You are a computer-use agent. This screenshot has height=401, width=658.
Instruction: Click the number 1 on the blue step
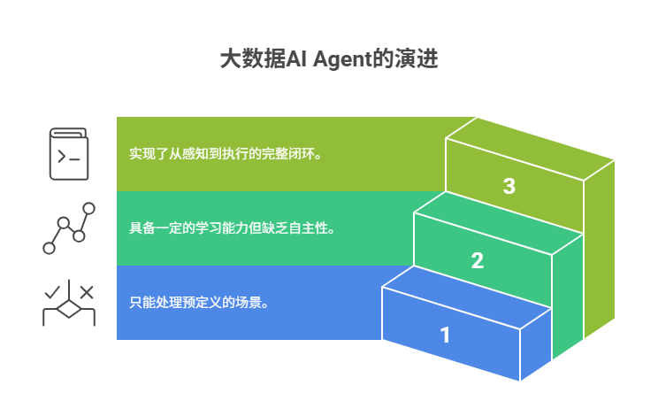pos(445,335)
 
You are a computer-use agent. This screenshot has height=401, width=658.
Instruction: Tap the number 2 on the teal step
pos(478,261)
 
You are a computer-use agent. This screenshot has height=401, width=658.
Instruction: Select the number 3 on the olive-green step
pos(509,187)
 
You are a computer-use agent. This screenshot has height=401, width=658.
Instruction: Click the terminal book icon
pos(68,154)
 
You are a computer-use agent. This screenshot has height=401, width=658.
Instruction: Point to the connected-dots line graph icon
pos(68,228)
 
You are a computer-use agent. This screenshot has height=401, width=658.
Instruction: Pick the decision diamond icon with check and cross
pos(68,304)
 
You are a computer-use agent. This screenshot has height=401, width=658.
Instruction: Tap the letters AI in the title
pos(298,59)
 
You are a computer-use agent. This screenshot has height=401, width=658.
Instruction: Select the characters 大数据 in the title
pos(252,59)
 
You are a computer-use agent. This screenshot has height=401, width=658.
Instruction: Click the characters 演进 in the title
pos(417,59)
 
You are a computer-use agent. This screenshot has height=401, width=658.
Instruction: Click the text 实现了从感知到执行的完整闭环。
pos(225,153)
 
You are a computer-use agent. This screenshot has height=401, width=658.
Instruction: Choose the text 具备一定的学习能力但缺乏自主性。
pos(232,227)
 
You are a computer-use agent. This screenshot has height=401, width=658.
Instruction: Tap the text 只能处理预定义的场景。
pos(199,302)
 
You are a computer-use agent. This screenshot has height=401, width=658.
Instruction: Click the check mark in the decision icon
pos(53,290)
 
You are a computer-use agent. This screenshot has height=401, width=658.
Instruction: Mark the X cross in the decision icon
pos(86,291)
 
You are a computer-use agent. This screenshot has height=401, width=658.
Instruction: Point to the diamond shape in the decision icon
pos(68,311)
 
